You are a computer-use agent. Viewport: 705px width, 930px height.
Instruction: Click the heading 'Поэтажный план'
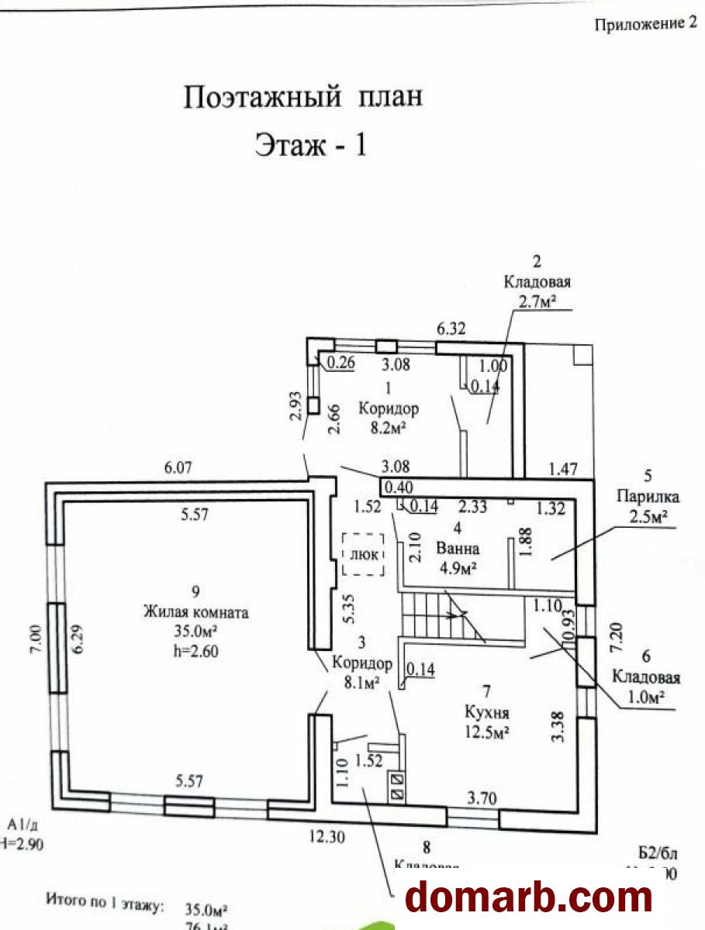(303, 98)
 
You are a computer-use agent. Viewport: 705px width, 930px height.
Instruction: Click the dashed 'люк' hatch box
(364, 555)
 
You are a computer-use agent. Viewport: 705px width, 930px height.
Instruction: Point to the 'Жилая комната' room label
(195, 612)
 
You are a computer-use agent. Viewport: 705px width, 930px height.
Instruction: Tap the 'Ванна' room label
(458, 548)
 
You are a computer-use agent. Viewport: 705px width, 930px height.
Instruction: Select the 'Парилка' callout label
(637, 495)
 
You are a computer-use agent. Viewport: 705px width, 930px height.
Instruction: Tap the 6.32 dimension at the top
(451, 329)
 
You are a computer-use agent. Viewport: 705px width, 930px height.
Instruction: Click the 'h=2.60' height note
(195, 651)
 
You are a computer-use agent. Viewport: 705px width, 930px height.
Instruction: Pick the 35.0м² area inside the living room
(195, 632)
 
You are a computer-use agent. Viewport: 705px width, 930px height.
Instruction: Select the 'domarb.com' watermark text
(530, 897)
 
